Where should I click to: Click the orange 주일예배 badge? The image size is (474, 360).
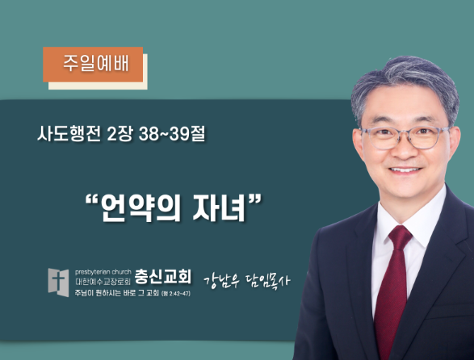click(93, 65)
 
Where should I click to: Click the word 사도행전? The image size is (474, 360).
click(69, 134)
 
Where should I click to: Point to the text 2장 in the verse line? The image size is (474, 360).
click(120, 134)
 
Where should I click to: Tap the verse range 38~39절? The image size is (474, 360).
click(172, 134)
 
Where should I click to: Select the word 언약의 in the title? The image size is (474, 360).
click(141, 207)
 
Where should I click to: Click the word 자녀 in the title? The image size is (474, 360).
click(219, 207)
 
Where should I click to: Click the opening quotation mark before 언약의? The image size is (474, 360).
click(92, 200)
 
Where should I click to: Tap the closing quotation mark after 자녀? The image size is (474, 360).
click(254, 200)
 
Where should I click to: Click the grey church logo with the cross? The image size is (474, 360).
click(58, 283)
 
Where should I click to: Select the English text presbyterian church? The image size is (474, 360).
click(103, 272)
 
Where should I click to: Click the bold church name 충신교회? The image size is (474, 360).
click(163, 277)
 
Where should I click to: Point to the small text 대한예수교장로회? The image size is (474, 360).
click(103, 282)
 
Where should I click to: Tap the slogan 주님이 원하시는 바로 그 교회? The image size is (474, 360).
click(117, 293)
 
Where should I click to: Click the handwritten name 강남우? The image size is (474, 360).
click(222, 282)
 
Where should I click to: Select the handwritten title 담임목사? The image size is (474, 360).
click(267, 281)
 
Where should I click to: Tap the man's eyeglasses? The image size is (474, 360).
click(405, 137)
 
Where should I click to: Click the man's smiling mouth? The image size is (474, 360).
click(405, 170)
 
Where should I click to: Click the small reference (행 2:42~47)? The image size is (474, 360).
click(176, 294)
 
